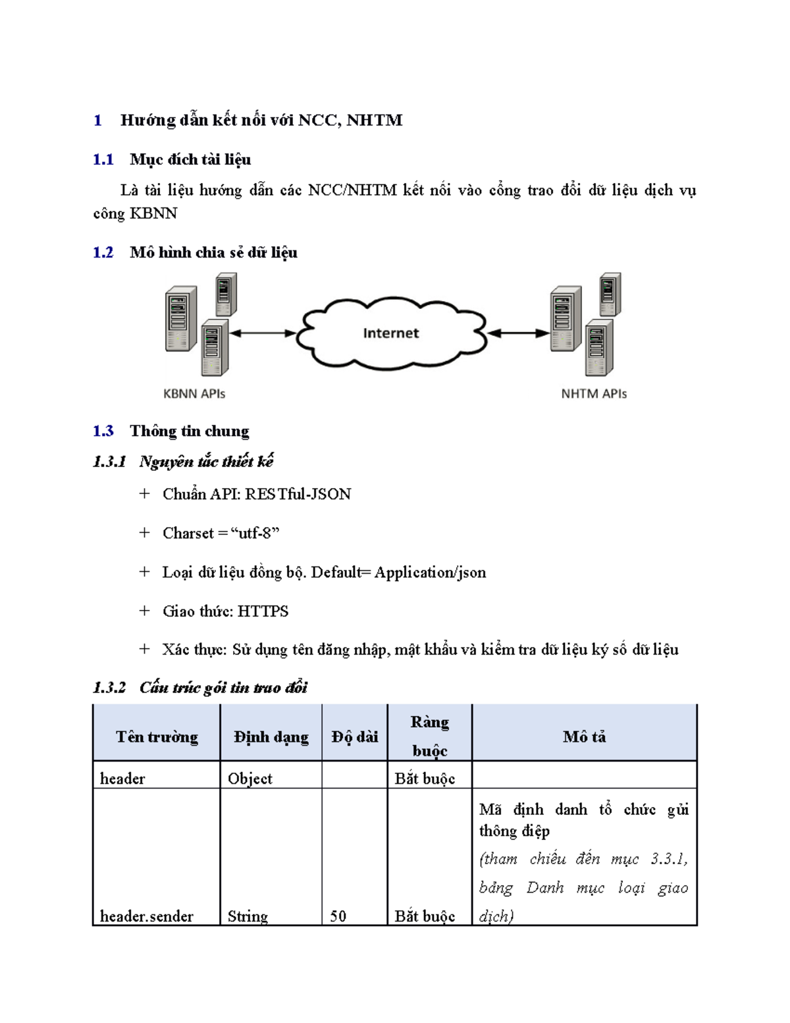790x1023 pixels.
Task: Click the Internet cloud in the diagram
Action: coord(391,333)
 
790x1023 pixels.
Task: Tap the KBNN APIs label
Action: coord(194,394)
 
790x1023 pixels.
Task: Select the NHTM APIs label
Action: coord(594,394)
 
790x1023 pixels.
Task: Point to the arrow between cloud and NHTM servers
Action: coord(519,333)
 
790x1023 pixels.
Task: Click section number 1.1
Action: coord(103,159)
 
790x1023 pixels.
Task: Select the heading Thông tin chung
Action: coord(190,431)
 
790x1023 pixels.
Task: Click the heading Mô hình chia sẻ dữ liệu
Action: coord(213,252)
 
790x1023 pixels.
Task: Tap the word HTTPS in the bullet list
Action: coord(263,611)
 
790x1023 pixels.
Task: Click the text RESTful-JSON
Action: coord(298,494)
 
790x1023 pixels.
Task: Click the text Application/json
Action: coord(430,572)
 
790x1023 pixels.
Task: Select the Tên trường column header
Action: coord(157,736)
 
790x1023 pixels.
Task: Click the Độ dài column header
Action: coord(355,736)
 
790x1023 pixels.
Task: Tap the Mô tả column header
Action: coord(584,736)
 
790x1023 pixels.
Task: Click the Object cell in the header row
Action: coord(250,779)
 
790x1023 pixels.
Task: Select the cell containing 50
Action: coord(338,916)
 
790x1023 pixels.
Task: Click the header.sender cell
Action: coord(147,916)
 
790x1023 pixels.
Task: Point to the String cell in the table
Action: coord(248,916)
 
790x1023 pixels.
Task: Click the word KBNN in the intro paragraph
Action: coord(153,213)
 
